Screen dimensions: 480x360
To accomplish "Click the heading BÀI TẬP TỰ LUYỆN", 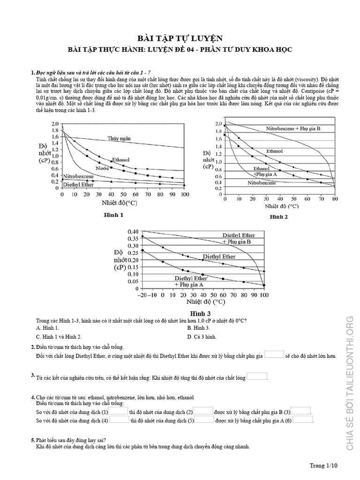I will pyautogui.click(x=180, y=38).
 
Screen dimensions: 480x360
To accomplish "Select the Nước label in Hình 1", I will pyautogui.click(x=103, y=168).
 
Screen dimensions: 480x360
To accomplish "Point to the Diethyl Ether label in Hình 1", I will pyautogui.click(x=78, y=185).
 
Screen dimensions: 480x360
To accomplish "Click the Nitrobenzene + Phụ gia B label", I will pyautogui.click(x=293, y=128).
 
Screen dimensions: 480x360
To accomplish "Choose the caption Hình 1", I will pyautogui.click(x=113, y=215).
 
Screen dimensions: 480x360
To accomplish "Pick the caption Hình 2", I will pyautogui.click(x=278, y=217).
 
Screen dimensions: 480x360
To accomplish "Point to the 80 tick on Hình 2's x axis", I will pyautogui.click(x=335, y=199).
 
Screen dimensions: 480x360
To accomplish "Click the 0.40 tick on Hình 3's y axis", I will pyautogui.click(x=133, y=232).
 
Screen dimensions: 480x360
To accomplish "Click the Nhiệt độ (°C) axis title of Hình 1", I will pyautogui.click(x=123, y=203).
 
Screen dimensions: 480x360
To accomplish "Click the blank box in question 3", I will pyautogui.click(x=257, y=376).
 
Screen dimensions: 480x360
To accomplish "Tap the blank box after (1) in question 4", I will pyautogui.click(x=119, y=411).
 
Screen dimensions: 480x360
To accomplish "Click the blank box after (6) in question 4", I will pyautogui.click(x=302, y=420).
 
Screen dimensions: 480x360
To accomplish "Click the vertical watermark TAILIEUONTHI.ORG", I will pyautogui.click(x=350, y=356).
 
